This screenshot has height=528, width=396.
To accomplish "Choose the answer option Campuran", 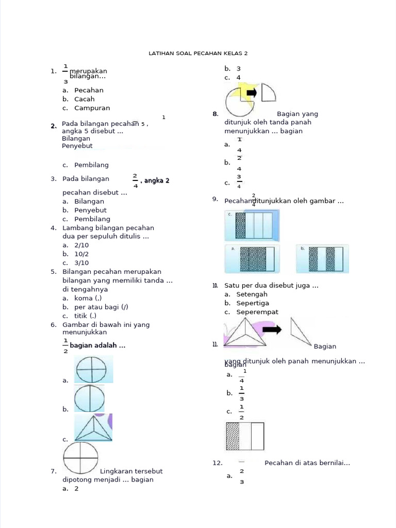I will pos(92,108).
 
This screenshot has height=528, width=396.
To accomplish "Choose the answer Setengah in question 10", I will pos(252,294).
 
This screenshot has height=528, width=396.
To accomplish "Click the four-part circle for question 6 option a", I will pos(91,369).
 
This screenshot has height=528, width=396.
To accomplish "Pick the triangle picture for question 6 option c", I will pos(93,428).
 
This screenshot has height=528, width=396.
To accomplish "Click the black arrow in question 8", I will pos(252,93).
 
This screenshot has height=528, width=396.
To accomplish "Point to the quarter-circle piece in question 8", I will pos(268,93).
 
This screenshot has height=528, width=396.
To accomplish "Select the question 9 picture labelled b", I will pos(323,258).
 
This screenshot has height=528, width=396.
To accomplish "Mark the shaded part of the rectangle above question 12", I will pos(233,436).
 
